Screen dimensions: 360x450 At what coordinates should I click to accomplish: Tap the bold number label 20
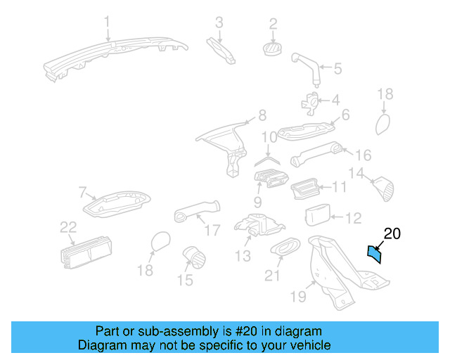coord(392,234)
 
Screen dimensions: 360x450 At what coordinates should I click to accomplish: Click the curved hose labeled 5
coord(307,70)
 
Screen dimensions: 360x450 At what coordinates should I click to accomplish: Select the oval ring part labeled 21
coord(285,247)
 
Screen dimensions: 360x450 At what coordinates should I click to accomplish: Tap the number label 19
coord(298,297)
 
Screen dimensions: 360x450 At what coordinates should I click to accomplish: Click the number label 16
coord(363,154)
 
